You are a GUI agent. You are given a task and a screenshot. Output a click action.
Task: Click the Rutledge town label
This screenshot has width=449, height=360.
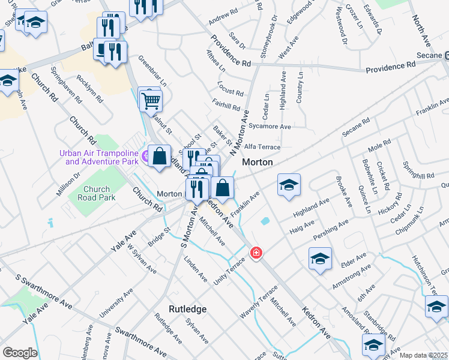187,309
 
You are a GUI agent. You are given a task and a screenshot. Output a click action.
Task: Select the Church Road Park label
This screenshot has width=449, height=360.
97,193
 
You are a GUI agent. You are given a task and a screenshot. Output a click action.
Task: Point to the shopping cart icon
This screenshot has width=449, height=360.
151,101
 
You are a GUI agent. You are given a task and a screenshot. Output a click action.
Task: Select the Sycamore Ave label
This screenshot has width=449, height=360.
270,127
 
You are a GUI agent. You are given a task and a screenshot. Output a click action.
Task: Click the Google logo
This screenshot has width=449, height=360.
20,353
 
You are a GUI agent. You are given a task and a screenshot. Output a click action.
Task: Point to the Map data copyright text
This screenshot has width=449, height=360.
424,355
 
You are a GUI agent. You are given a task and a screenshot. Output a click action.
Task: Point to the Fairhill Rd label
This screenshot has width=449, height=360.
226,106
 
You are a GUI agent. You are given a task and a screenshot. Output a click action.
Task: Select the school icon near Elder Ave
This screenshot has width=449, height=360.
320,258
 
